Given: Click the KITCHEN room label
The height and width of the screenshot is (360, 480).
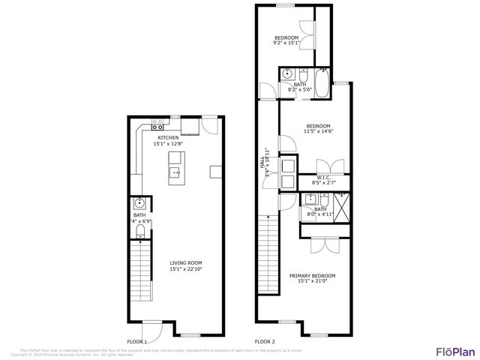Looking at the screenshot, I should [x=168, y=137].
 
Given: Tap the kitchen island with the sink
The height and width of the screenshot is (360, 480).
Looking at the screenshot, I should [x=176, y=166].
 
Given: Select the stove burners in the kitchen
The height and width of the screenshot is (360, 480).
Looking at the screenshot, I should [x=157, y=121].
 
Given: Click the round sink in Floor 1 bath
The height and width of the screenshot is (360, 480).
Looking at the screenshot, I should [x=139, y=203].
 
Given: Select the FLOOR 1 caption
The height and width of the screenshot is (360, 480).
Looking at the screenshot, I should [x=136, y=341].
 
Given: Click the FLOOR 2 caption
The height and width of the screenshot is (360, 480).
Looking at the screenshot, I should [x=265, y=341].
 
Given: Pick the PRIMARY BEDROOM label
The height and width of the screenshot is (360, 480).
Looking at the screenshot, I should [x=313, y=276].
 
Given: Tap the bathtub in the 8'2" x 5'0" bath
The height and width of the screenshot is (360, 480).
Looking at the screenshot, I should [x=322, y=84].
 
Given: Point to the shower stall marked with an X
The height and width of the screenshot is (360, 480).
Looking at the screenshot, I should [x=342, y=206].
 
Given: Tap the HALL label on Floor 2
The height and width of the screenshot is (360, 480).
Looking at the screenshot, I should [x=263, y=172].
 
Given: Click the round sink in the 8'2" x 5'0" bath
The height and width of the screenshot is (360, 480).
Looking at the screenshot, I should [x=287, y=74].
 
